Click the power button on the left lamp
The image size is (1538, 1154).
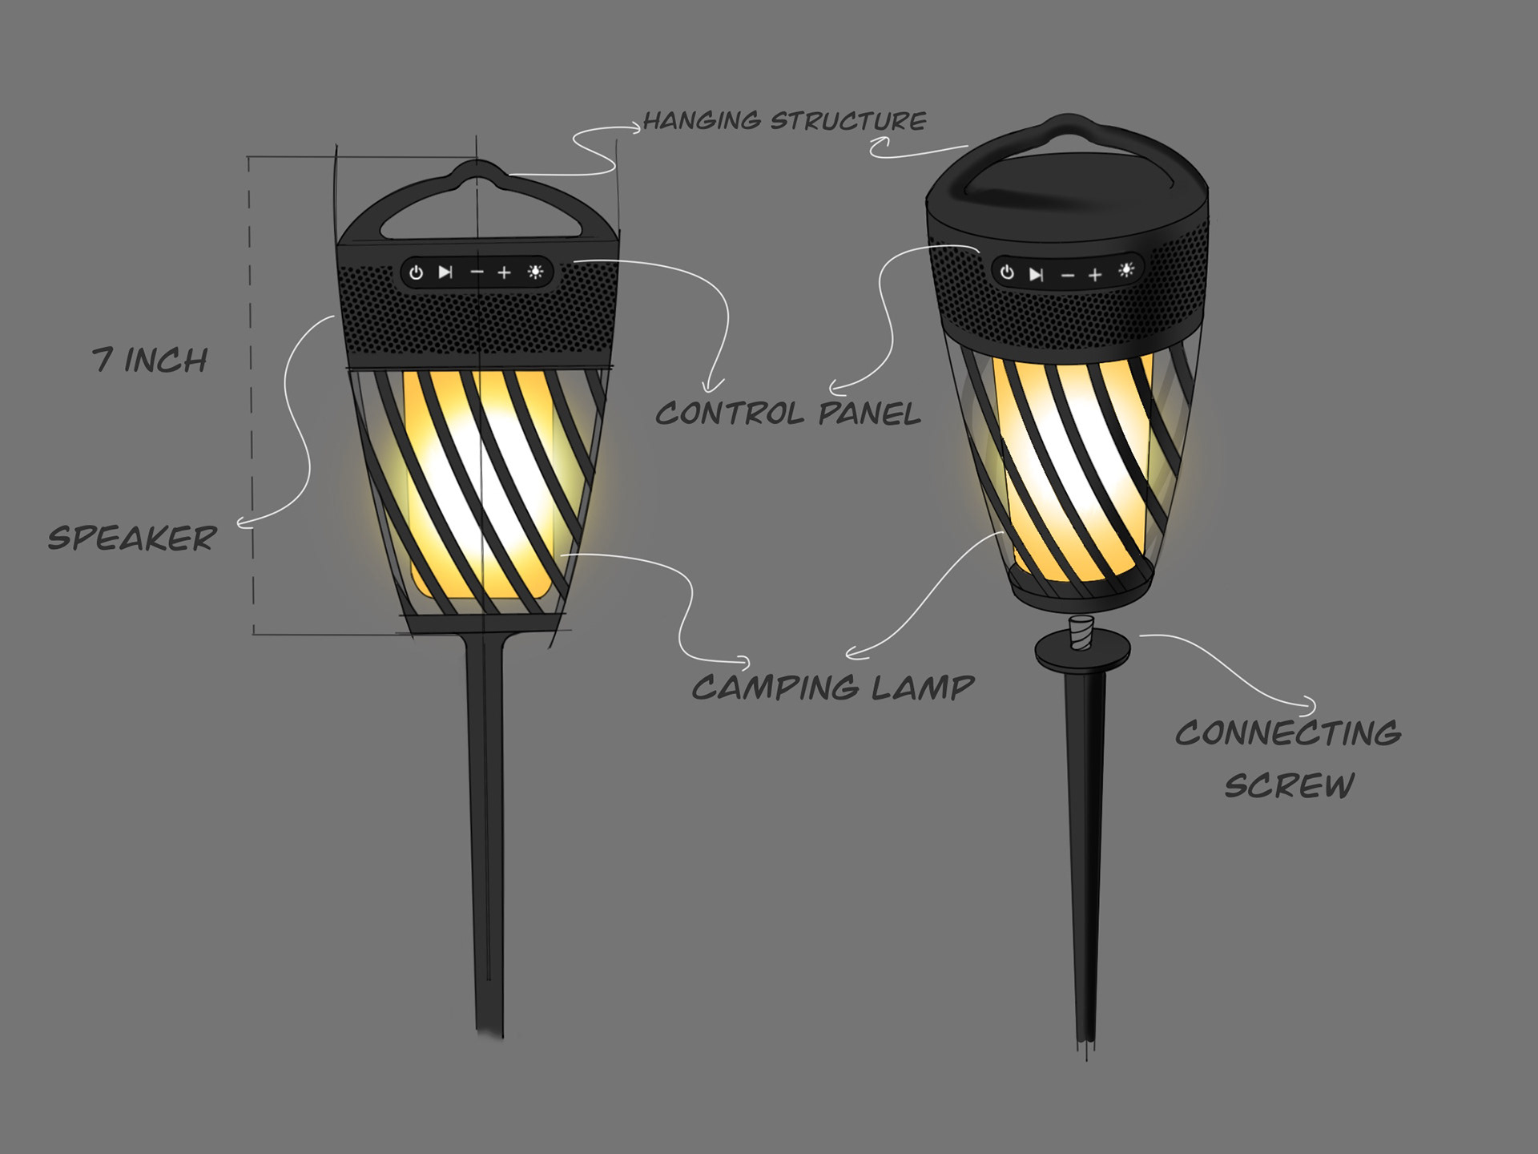(416, 272)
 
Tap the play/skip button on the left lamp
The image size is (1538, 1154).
(445, 272)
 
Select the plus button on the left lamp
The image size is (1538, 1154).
(504, 273)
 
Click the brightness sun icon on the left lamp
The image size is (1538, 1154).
(536, 272)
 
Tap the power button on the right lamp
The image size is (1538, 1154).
(1007, 272)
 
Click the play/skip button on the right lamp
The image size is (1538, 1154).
(1037, 275)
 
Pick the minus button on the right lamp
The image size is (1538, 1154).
(1067, 276)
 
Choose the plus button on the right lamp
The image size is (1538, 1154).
(1095, 275)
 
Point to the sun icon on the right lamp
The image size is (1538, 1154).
(1127, 270)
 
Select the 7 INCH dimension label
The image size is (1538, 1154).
(150, 361)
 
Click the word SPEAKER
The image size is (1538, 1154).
(132, 539)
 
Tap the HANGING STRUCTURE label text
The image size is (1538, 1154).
(784, 121)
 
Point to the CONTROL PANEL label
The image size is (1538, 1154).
(788, 414)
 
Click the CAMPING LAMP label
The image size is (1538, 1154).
(833, 688)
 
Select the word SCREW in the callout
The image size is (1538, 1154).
(1289, 785)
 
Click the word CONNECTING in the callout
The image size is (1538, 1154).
(1288, 733)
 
